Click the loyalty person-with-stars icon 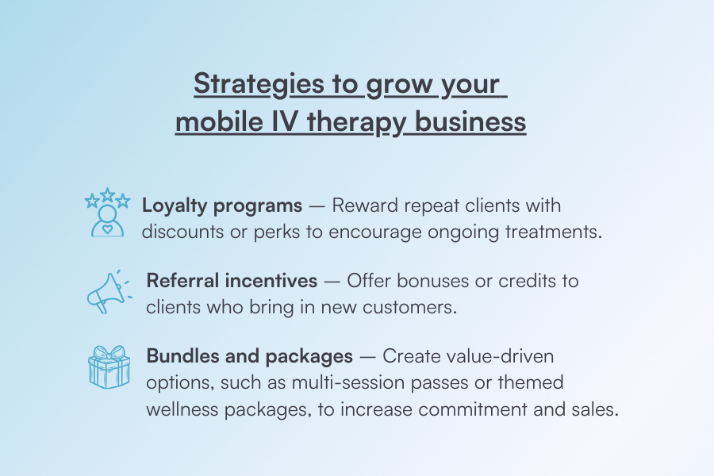tap(106, 213)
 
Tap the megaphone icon tap(106, 291)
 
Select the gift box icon tap(108, 367)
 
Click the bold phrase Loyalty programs tap(222, 205)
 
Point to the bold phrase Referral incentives tap(232, 281)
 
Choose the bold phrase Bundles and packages tap(249, 355)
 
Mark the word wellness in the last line tap(182, 409)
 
